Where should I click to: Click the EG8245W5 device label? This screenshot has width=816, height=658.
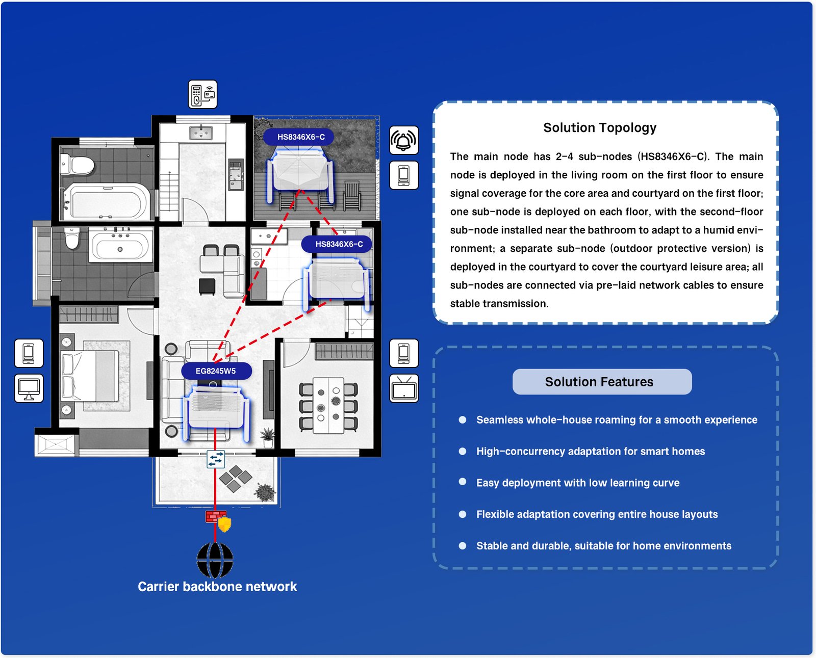216,371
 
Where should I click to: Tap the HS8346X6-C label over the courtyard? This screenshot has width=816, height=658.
300,137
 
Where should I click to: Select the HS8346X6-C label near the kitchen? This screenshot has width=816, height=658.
339,244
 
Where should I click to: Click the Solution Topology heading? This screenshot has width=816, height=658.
600,127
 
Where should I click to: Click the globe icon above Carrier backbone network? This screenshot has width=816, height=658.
215,560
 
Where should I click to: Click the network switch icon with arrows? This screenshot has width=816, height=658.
216,459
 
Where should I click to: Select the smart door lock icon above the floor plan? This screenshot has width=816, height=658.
202,94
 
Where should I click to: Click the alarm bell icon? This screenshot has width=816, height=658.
404,140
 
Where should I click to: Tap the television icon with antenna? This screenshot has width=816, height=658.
404,389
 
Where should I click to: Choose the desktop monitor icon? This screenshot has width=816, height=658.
29,388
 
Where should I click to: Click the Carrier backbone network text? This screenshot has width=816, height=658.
217,587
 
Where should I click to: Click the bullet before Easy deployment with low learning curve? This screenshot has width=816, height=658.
463,482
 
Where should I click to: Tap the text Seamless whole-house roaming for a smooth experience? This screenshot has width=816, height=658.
616,420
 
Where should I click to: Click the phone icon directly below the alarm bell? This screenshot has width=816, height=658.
404,175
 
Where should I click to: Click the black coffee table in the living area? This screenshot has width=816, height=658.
207,286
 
